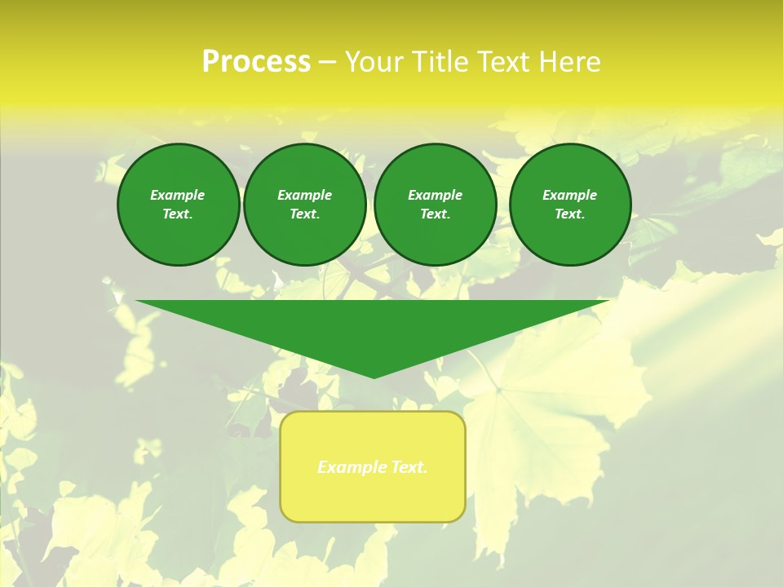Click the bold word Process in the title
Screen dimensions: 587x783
(256, 62)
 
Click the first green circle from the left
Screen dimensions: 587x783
(178, 205)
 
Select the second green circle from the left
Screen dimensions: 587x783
(305, 205)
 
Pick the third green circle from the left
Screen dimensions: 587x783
(435, 205)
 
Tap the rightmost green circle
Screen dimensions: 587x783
(570, 205)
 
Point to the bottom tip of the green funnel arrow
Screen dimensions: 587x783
(374, 377)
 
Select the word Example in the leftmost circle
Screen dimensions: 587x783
(178, 195)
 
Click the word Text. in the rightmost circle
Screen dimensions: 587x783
(570, 214)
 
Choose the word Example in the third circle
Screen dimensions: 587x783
(435, 195)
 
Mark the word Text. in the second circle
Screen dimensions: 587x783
(305, 214)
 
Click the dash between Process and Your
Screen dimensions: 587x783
(327, 63)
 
